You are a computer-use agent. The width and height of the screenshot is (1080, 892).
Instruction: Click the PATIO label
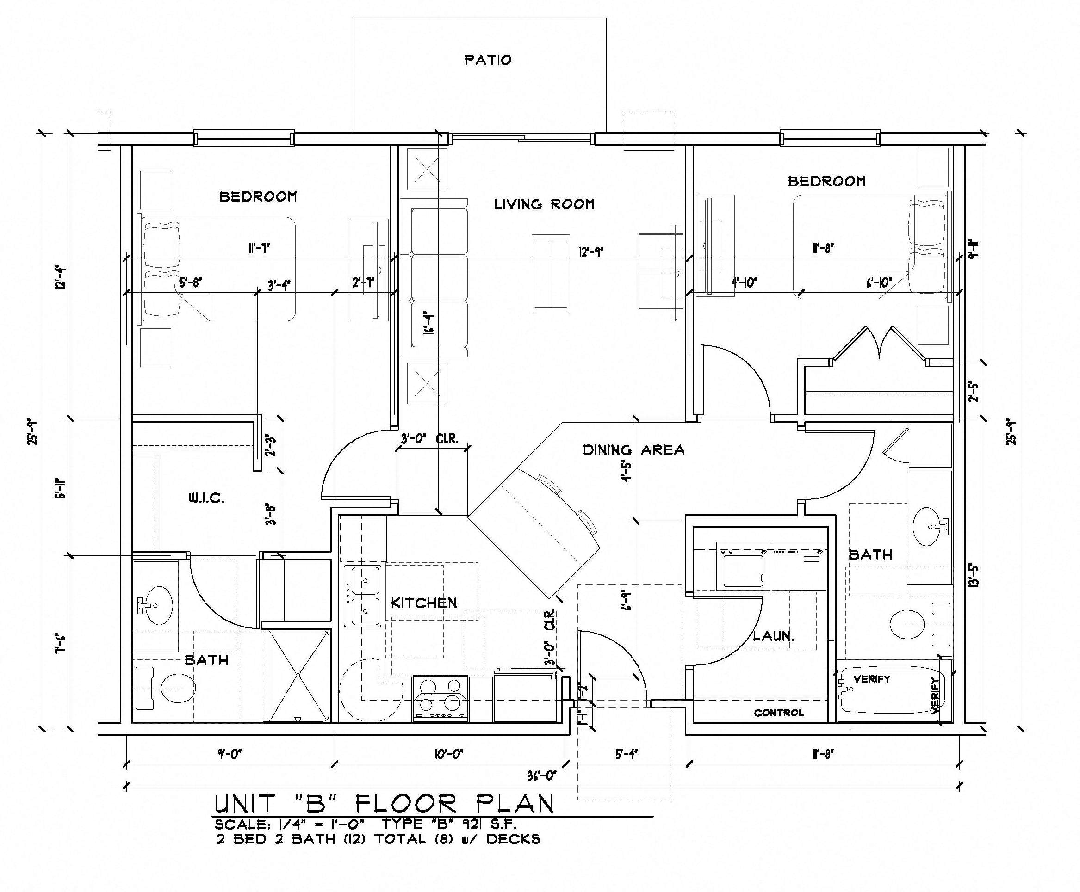[x=488, y=60]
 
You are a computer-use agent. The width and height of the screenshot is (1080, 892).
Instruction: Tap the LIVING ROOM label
[x=544, y=204]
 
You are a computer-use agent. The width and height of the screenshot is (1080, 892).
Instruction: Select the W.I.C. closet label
[x=206, y=498]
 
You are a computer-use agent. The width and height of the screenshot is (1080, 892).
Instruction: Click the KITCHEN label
[x=423, y=603]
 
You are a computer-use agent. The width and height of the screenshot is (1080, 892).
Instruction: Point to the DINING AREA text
[x=633, y=450]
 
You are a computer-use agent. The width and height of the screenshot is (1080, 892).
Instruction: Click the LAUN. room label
[x=774, y=636]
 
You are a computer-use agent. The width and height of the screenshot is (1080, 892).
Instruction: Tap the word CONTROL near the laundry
[x=778, y=713]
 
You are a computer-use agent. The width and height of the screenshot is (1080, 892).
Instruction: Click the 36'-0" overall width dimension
[x=542, y=776]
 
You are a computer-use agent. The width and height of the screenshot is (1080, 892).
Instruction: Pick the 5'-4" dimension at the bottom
[x=626, y=754]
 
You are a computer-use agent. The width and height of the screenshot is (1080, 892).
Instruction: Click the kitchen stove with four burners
[x=441, y=698]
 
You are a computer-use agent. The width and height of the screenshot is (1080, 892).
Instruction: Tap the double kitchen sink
[x=366, y=596]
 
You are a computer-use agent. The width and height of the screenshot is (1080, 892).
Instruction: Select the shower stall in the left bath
[x=298, y=675]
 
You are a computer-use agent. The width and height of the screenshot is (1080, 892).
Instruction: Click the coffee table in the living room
[x=551, y=273]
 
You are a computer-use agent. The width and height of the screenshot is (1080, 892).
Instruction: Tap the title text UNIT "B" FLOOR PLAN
[x=384, y=804]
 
